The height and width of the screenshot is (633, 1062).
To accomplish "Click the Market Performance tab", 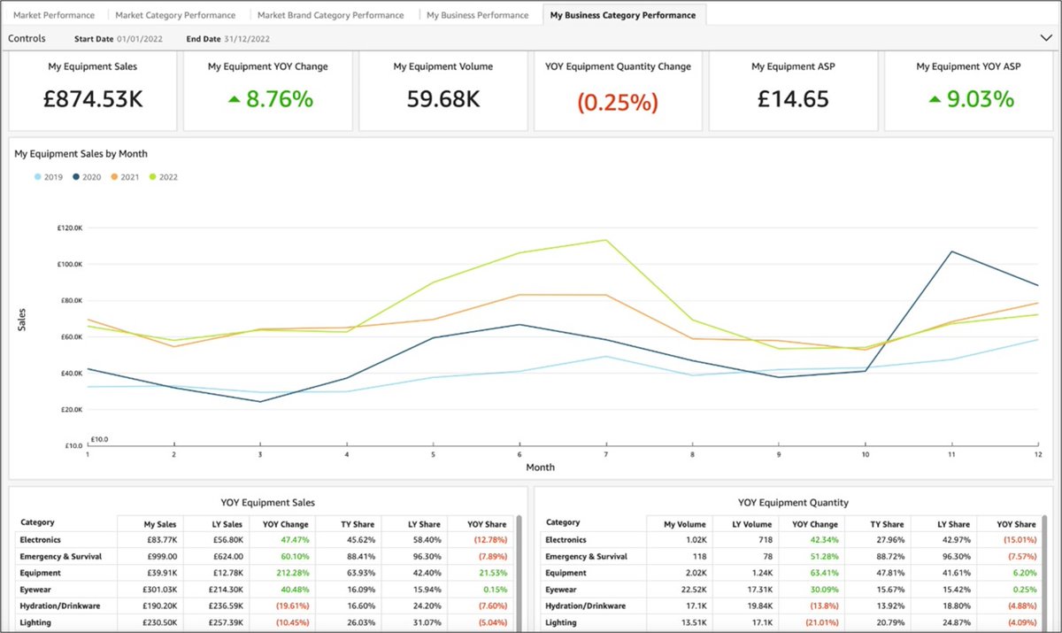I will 54,15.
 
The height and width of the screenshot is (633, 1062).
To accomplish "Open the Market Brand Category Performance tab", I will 330,15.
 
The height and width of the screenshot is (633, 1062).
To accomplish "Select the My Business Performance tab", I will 477,15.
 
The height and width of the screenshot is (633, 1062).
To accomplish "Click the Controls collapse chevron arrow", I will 1044,38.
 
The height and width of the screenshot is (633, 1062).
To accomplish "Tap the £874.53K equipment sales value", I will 93,99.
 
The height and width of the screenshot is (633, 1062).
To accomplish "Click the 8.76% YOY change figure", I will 270,99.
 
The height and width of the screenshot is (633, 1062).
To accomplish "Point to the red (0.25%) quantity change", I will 618,102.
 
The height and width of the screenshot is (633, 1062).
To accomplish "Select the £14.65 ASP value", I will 794,99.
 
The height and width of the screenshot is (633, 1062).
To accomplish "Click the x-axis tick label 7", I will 605,454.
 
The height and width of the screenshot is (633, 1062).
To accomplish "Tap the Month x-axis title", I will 540,467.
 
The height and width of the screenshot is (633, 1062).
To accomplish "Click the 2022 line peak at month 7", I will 606,240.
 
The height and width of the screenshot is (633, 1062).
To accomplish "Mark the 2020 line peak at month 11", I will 951,251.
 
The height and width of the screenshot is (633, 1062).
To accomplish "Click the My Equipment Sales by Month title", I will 74,153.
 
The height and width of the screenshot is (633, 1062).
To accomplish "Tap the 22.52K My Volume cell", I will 679,590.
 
